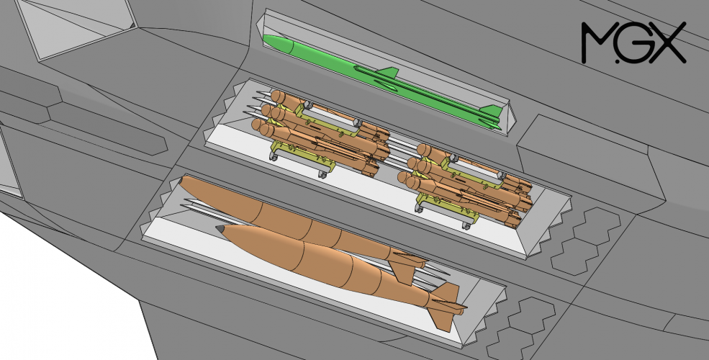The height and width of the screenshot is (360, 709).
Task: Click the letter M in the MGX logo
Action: point(599,42)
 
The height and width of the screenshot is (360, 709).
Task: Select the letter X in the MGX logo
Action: point(669,42)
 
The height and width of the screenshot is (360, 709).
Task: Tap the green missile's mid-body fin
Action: point(389,73)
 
